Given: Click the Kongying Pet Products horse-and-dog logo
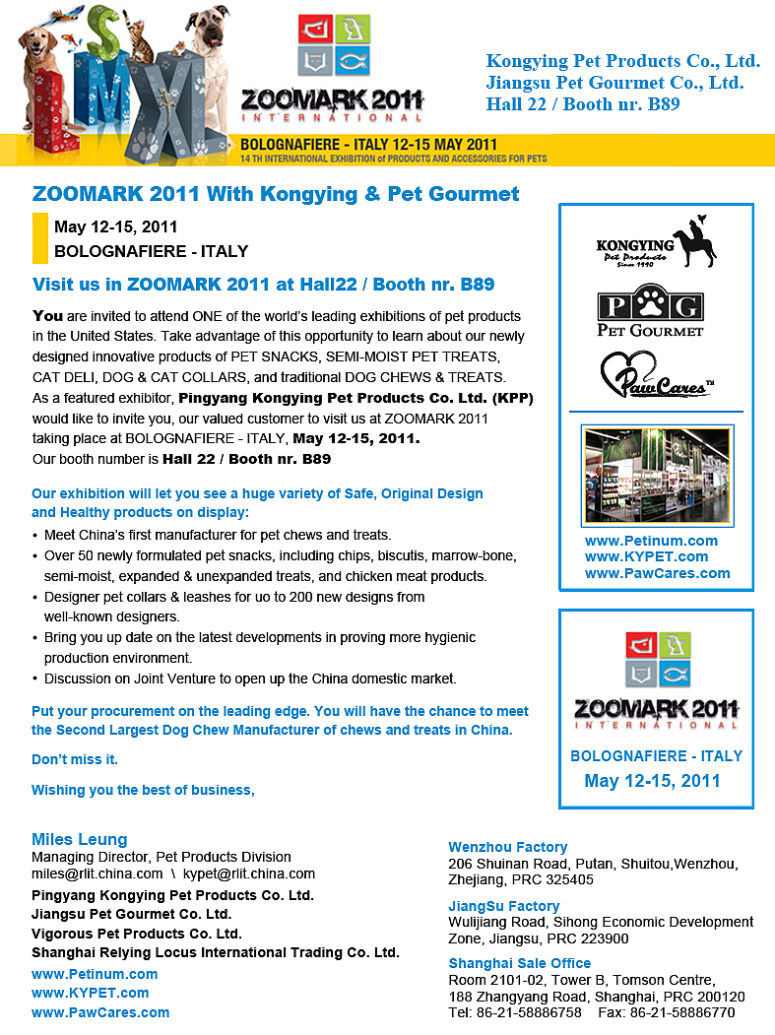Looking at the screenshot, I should click(656, 245).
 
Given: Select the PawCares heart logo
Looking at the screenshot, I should click(655, 376).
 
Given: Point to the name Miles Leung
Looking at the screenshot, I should click(80, 840).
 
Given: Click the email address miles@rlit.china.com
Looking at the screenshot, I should click(97, 873).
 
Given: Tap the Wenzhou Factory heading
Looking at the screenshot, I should click(508, 847).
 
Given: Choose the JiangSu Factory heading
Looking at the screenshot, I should click(504, 906).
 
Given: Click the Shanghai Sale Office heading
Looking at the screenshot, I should click(520, 963).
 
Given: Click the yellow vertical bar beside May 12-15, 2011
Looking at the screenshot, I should click(40, 238).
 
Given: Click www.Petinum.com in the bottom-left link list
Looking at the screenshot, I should click(95, 974).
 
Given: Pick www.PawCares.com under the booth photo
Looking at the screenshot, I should click(657, 573).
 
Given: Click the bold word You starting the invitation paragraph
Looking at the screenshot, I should click(47, 316).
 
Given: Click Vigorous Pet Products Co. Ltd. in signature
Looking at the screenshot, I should click(137, 934).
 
